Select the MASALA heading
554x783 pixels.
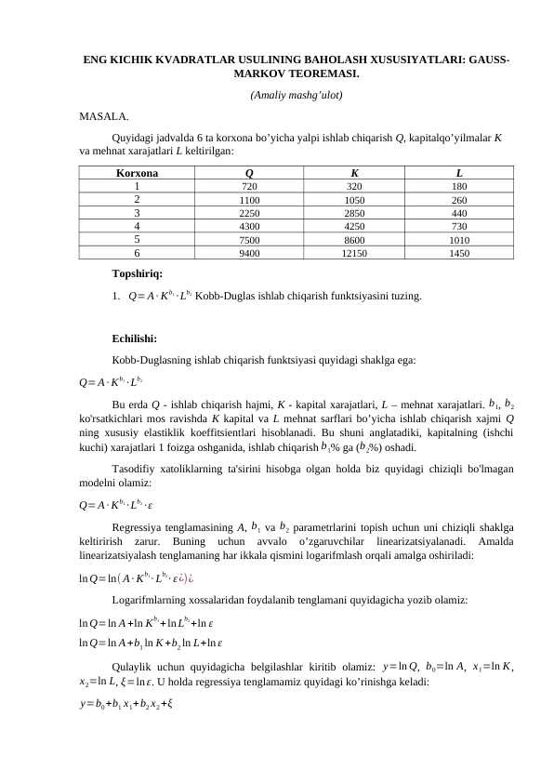coord(104,116)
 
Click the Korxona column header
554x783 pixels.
coord(137,172)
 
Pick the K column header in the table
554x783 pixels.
coord(354,172)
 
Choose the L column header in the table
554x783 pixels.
coord(460,172)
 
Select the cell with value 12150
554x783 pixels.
coord(354,251)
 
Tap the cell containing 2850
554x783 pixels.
coord(354,212)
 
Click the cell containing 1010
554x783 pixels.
coord(460,238)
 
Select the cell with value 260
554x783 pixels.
coord(460,199)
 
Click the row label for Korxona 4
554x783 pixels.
coord(137,225)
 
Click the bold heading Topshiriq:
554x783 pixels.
coord(137,274)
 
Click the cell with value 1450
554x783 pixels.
coord(460,251)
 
